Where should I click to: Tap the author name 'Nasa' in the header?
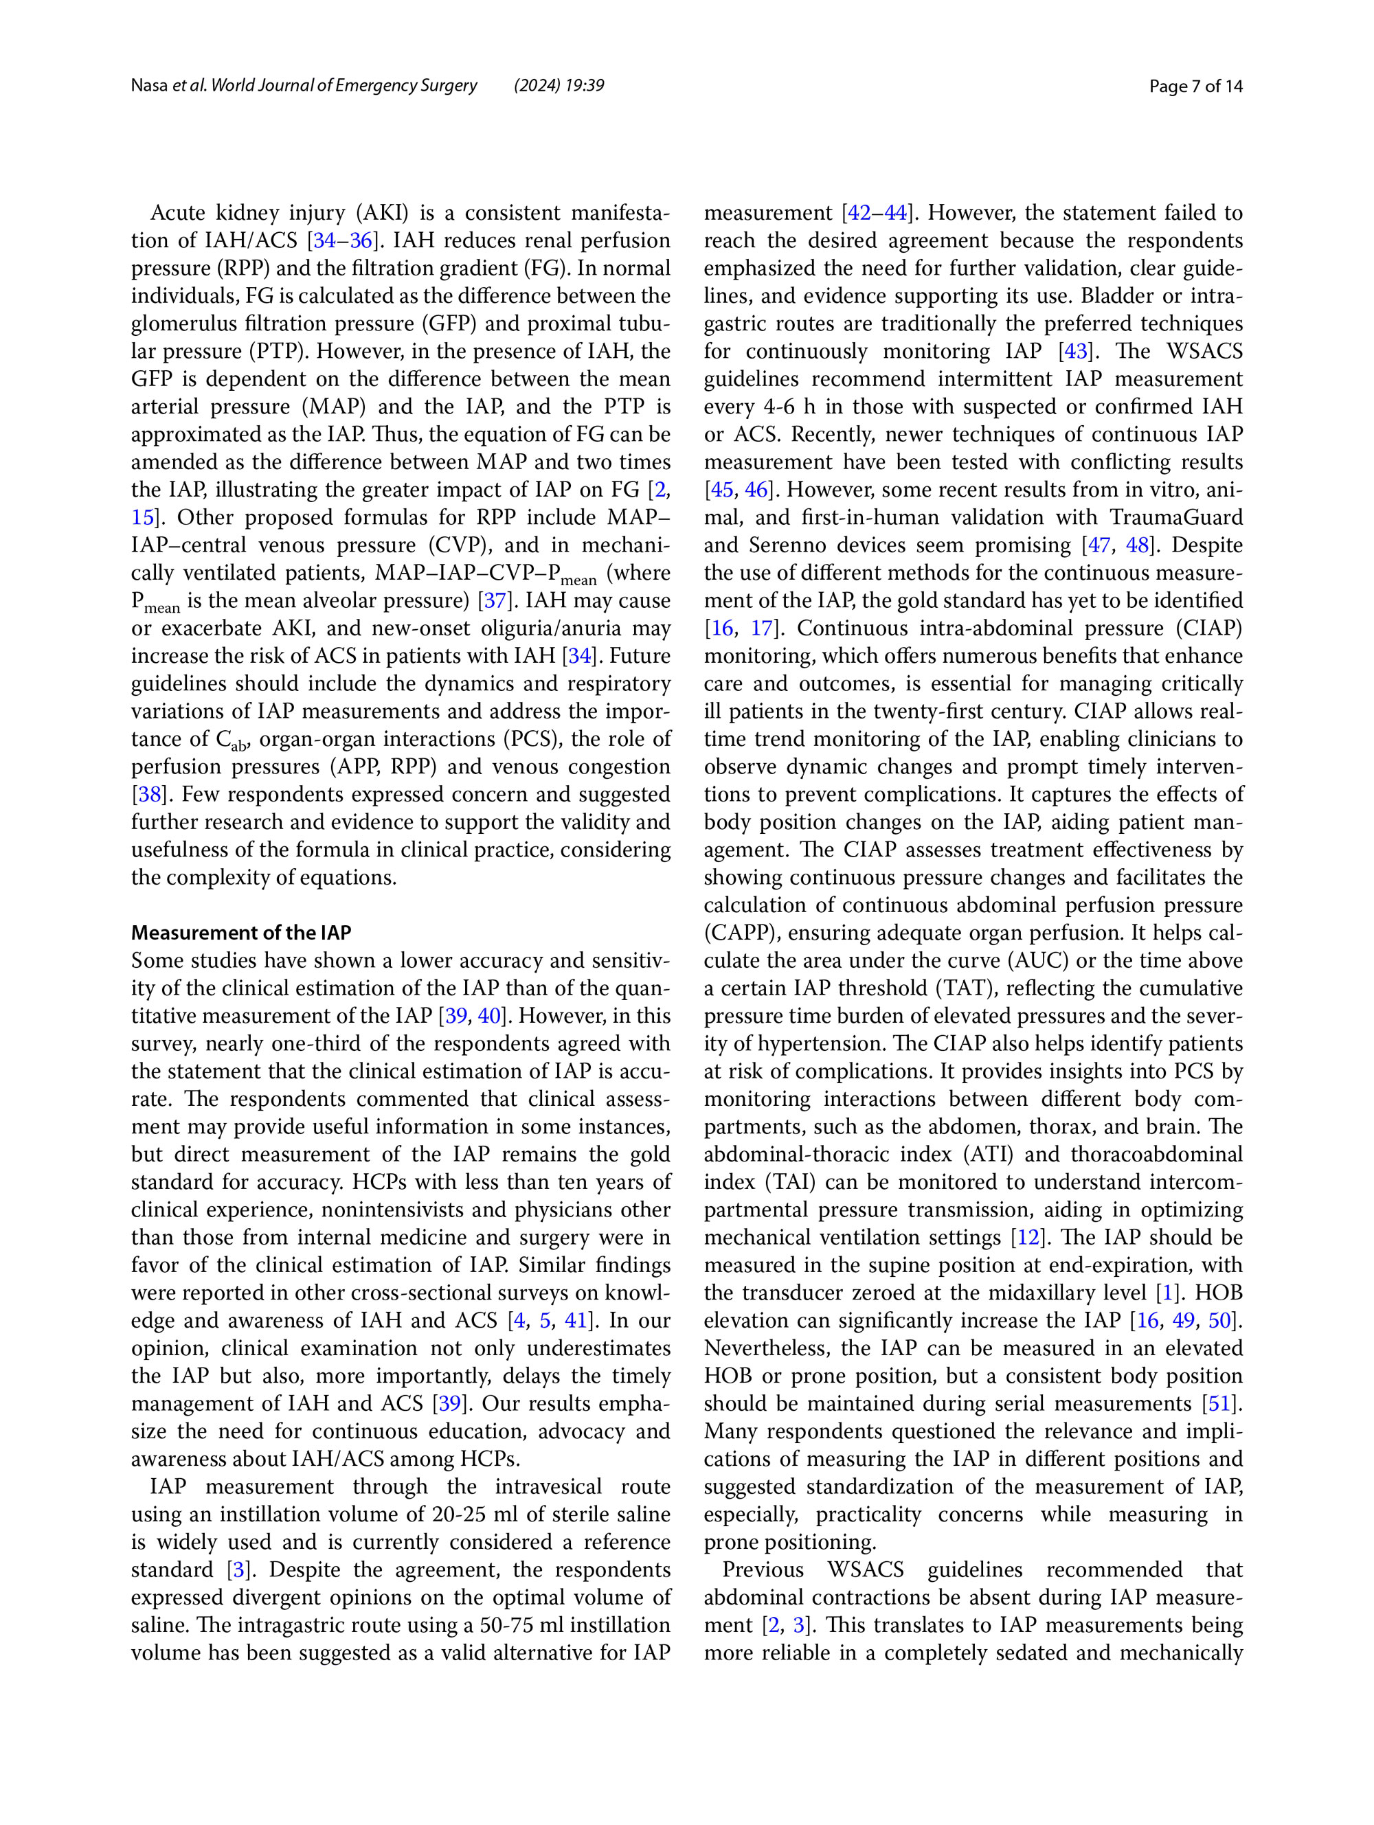click(x=149, y=86)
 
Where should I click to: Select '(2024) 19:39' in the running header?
click(x=559, y=86)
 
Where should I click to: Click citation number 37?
click(x=495, y=600)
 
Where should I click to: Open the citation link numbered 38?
click(x=149, y=795)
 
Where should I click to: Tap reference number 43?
click(x=1076, y=352)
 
